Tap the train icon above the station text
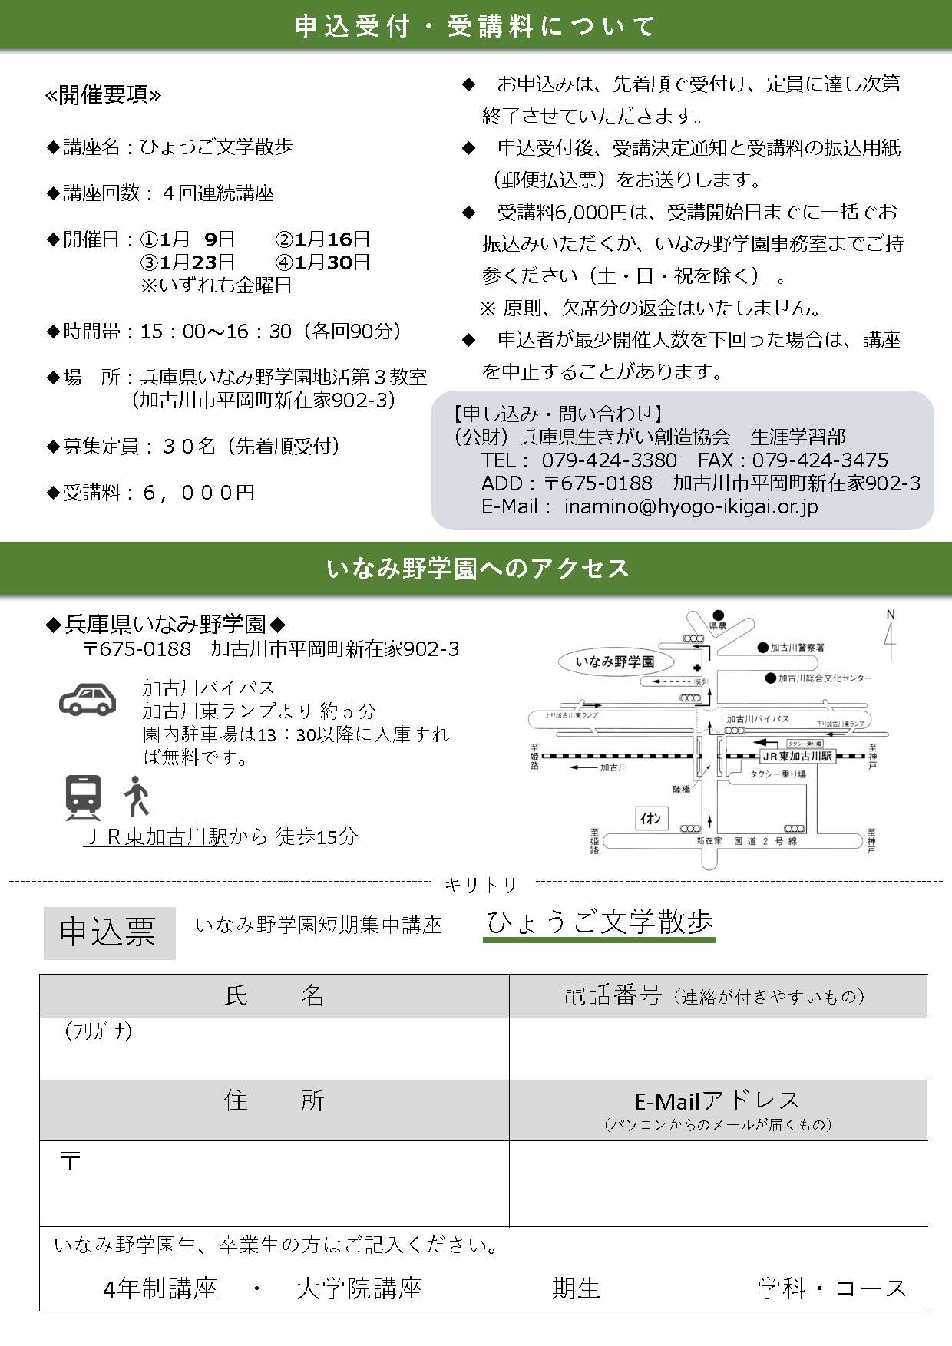83,797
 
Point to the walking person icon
137,797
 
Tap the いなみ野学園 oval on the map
615,661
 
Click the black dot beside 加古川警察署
762,647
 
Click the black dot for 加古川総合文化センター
770,678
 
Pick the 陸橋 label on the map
681,789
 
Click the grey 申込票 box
109,932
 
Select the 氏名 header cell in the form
274,996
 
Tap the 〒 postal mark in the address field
71,1161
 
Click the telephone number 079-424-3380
609,460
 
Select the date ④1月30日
322,262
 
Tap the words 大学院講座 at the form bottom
359,1288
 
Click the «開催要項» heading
104,95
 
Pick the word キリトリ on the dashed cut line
481,885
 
